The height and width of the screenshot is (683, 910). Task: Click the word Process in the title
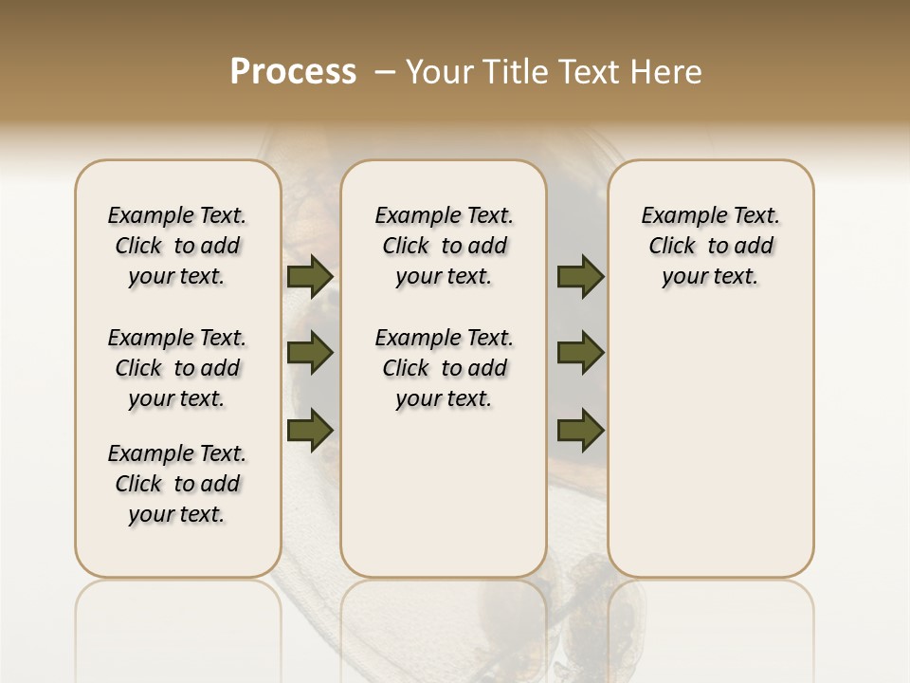click(293, 72)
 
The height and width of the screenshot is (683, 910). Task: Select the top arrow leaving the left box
click(310, 276)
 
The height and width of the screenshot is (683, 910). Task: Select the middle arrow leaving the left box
click(310, 354)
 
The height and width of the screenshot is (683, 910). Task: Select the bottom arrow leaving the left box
click(310, 431)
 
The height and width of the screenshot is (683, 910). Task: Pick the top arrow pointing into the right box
click(580, 276)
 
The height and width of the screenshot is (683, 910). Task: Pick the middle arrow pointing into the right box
click(580, 354)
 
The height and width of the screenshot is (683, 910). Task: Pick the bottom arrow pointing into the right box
click(580, 431)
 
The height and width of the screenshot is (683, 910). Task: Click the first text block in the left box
click(177, 246)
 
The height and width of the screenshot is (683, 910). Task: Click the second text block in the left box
click(177, 368)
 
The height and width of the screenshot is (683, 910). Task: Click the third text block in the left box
click(177, 484)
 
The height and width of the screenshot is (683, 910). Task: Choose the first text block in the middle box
click(444, 246)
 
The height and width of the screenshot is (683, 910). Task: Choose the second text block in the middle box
click(444, 368)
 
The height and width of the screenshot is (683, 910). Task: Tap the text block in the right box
click(710, 246)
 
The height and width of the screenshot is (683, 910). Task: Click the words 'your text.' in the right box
click(710, 277)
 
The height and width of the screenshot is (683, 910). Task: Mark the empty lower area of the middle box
click(444, 493)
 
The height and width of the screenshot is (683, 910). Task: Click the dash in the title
click(385, 72)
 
